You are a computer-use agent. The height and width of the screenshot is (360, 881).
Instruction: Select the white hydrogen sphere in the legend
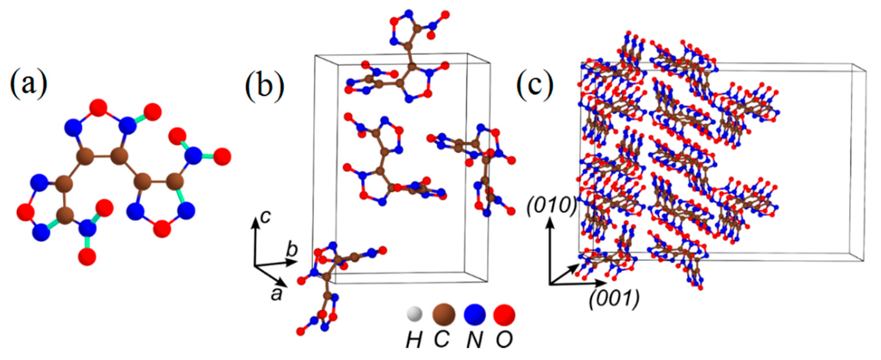[x=414, y=314]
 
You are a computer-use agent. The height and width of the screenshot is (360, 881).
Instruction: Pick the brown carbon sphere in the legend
[x=444, y=314]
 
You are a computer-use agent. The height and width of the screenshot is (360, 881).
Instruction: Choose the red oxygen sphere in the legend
[x=504, y=314]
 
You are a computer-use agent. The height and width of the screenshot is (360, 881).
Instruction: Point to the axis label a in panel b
[x=276, y=293]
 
